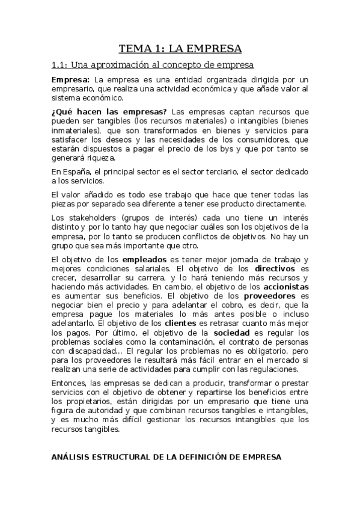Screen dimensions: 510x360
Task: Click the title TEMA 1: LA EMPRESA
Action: tap(180, 48)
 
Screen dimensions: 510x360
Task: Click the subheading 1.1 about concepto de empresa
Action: tap(152, 65)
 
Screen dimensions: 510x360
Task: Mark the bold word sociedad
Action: tap(231, 333)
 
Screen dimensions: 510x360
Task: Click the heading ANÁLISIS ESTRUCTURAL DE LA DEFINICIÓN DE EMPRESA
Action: tap(165, 457)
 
